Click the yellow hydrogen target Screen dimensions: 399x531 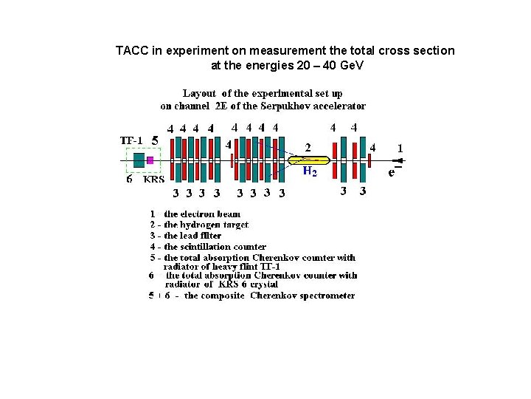pyautogui.click(x=308, y=160)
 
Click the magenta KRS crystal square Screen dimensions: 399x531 pyautogui.click(x=150, y=160)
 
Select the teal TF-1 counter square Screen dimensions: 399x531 pyautogui.click(x=139, y=160)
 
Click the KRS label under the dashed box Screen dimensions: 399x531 pyautogui.click(x=154, y=179)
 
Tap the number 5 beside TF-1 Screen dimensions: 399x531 pyautogui.click(x=154, y=139)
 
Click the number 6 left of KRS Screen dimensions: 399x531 pyautogui.click(x=129, y=178)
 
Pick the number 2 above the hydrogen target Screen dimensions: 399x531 pyautogui.click(x=308, y=146)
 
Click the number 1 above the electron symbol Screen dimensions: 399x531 pyautogui.click(x=400, y=148)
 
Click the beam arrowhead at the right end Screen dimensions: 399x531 pyautogui.click(x=398, y=160)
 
